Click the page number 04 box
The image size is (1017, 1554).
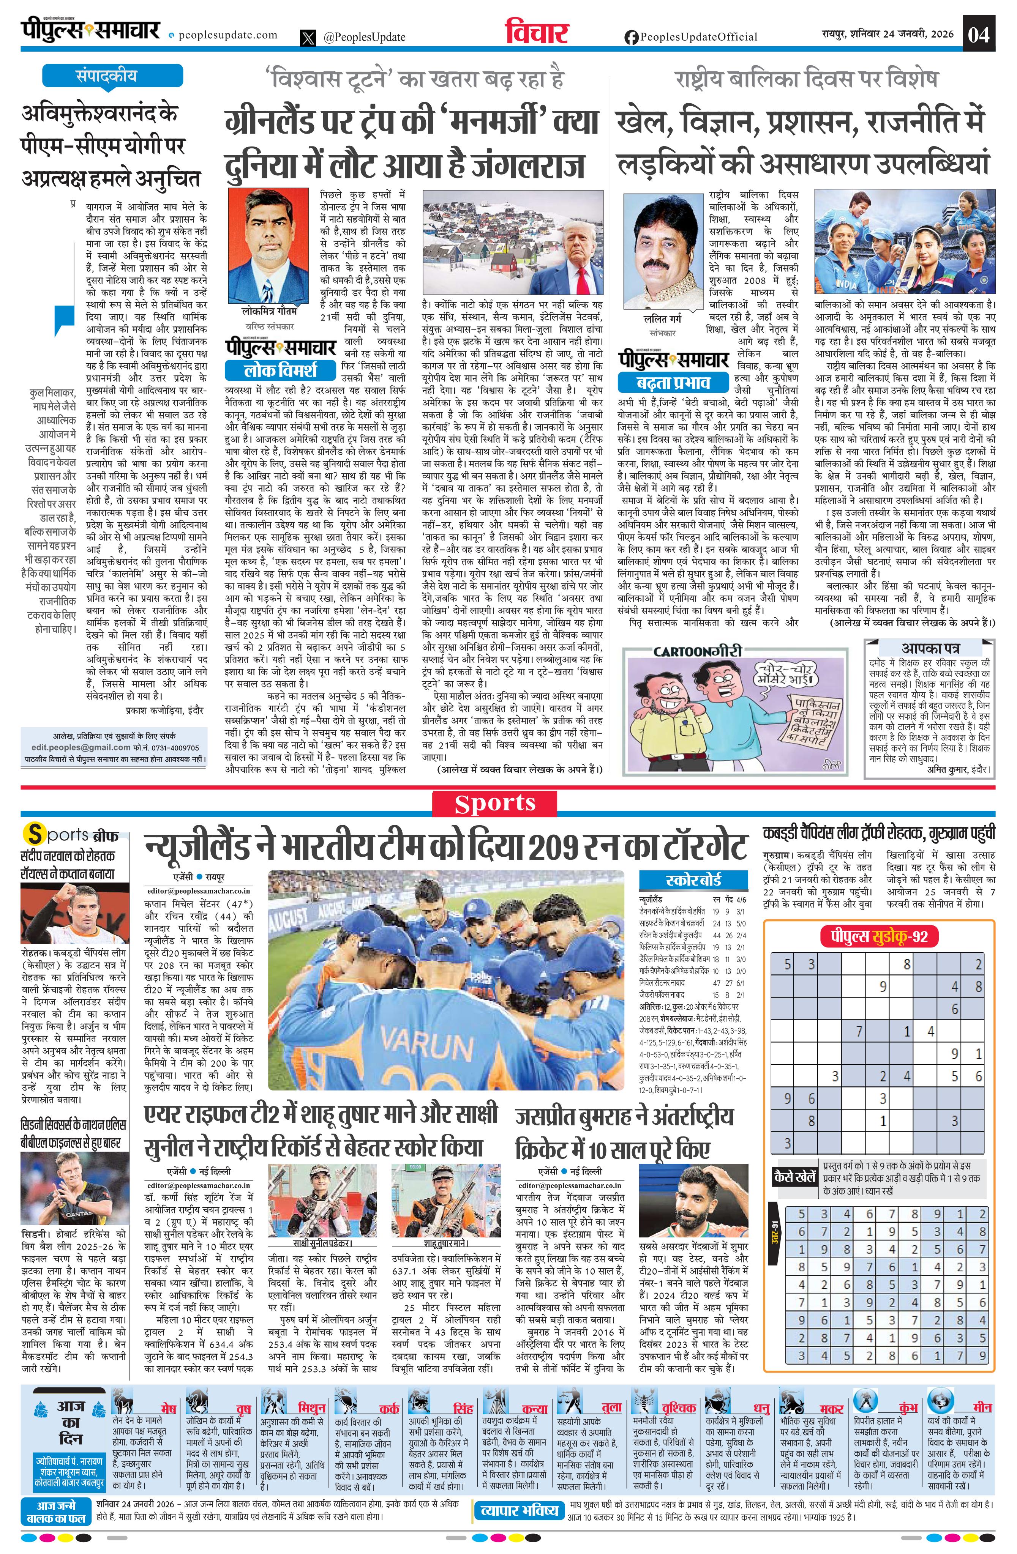tap(979, 34)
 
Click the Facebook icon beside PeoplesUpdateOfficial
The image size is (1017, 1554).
tap(631, 37)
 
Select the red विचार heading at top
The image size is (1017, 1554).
tap(537, 33)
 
